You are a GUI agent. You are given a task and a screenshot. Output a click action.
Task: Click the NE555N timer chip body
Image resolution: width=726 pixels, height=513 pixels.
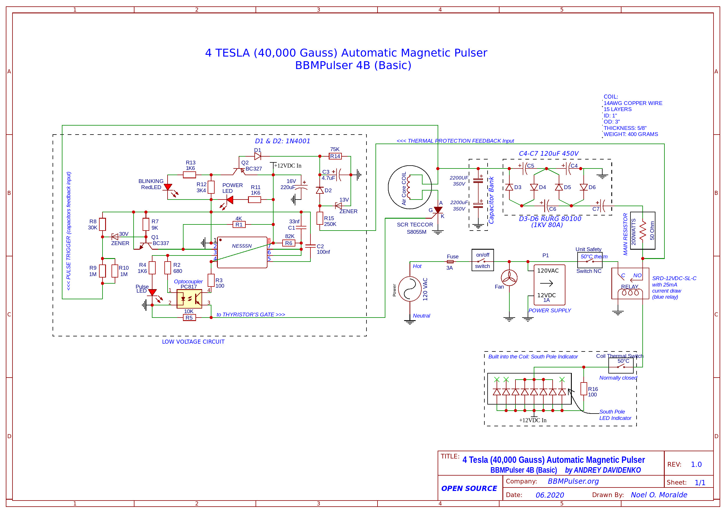[242, 252]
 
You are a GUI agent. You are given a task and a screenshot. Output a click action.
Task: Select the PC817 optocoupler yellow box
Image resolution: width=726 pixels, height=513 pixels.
[189, 298]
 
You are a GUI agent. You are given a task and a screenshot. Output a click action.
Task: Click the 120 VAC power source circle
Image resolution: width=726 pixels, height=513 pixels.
[410, 289]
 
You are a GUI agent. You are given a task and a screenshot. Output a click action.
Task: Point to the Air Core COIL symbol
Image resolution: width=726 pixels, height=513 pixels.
[410, 187]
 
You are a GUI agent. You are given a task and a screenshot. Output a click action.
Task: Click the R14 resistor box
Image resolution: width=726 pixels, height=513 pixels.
[335, 156]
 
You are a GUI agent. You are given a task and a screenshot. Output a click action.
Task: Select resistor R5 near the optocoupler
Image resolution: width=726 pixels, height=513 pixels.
[189, 318]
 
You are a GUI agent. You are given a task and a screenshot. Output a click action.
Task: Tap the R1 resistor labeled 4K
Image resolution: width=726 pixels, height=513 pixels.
[239, 224]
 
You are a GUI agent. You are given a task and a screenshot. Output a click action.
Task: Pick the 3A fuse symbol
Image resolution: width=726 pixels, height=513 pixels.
[450, 262]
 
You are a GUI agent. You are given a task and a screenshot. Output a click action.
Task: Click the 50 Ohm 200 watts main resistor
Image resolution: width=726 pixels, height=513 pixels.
[642, 231]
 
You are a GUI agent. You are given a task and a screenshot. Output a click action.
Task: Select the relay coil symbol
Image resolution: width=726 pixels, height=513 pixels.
[630, 292]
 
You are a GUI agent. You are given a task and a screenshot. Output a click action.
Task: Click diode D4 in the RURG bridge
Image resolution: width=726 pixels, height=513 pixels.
[534, 187]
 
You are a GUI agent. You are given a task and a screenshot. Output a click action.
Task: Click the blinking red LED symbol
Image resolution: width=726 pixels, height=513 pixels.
[168, 187]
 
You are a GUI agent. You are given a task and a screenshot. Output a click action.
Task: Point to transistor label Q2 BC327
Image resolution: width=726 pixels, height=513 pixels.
[251, 166]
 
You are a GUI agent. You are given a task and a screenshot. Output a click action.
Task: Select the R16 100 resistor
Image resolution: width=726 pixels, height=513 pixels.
[584, 389]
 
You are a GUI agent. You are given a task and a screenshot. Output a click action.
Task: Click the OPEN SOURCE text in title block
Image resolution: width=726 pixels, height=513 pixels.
[469, 488]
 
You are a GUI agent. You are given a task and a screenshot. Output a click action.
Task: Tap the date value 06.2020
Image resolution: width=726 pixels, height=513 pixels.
[549, 495]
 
